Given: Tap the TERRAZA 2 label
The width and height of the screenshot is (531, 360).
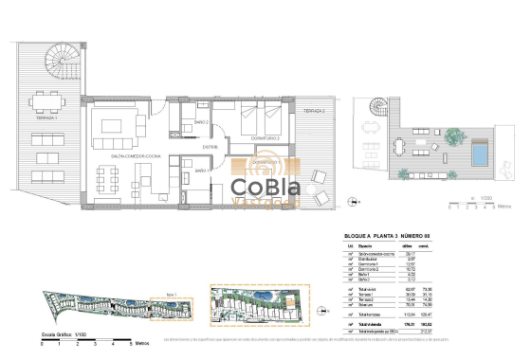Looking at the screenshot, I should (x=315, y=111).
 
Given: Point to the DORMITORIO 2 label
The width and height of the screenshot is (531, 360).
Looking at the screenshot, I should (x=264, y=138).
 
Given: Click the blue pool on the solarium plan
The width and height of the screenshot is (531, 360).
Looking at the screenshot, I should (x=482, y=152).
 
